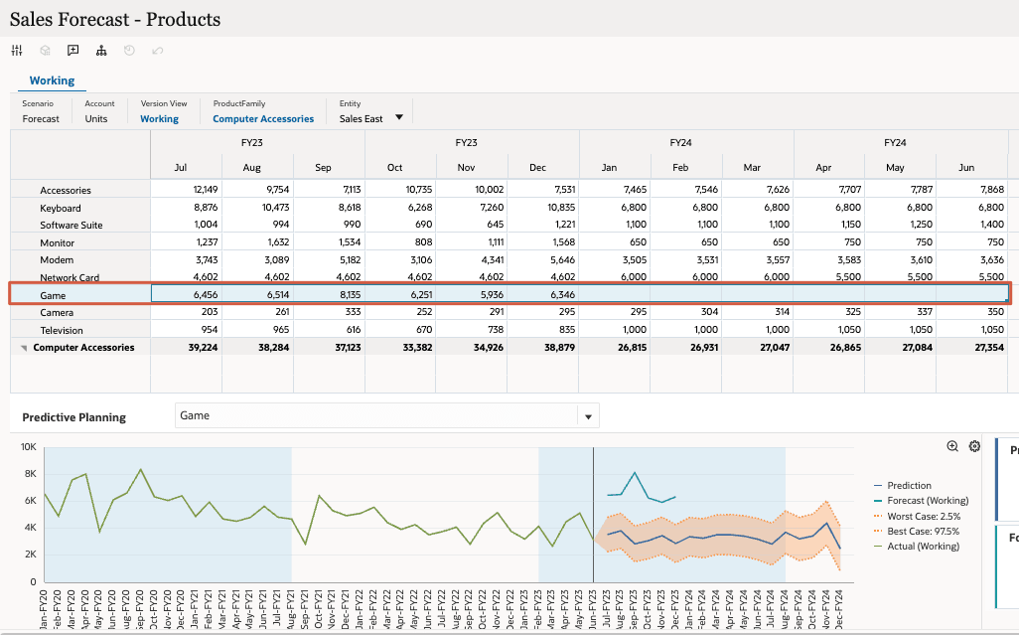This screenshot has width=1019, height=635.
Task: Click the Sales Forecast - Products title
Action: [x=115, y=19]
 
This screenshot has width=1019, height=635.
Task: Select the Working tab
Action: [x=52, y=80]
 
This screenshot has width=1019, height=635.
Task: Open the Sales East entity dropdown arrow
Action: [x=399, y=117]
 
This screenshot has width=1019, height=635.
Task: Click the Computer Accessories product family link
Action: [x=263, y=118]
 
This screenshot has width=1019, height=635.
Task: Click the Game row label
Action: [x=53, y=295]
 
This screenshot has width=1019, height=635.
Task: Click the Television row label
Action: [x=62, y=330]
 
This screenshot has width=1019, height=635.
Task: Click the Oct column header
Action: [x=394, y=167]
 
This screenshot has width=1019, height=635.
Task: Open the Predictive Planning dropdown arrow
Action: [x=588, y=417]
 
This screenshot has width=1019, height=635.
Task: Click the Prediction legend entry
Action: [x=909, y=486]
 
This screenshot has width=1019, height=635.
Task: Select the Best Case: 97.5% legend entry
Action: [x=923, y=531]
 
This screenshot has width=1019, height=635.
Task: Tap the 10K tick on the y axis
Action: [x=29, y=447]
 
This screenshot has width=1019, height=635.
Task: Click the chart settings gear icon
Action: [x=974, y=446]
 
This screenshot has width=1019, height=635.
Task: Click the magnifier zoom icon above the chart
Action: [x=952, y=446]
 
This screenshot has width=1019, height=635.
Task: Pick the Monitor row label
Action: [x=58, y=242]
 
